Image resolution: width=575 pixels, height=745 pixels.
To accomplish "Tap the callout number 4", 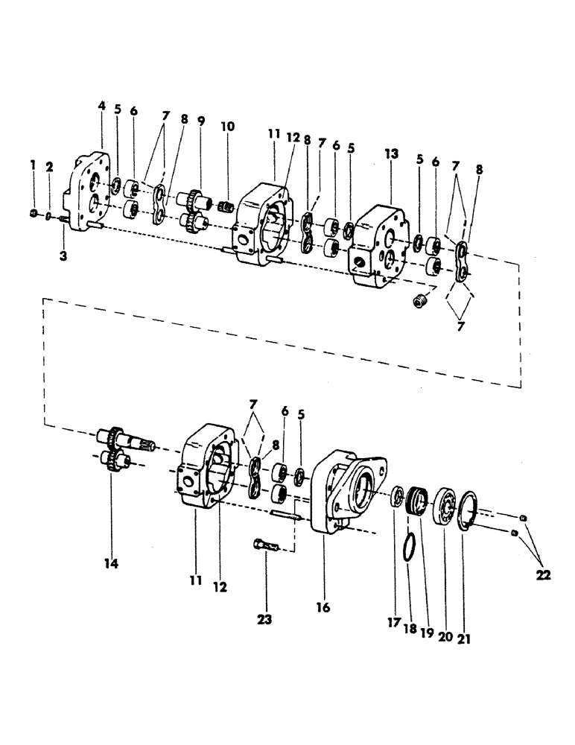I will [x=102, y=107].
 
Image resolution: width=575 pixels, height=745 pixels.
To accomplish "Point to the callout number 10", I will [x=227, y=127].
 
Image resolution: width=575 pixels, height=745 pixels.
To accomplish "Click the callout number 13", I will [x=391, y=153].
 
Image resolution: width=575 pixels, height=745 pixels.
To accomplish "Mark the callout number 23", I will [x=265, y=618].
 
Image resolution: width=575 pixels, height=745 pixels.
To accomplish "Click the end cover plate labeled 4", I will [x=89, y=194].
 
